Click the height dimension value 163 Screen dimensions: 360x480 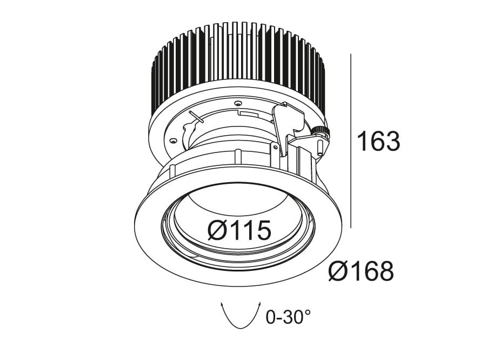(x=378, y=142)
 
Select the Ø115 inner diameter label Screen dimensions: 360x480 (x=239, y=231)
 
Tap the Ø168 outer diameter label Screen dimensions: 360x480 (x=361, y=271)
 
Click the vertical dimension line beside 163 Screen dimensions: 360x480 (x=352, y=141)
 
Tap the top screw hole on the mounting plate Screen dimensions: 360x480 (x=236, y=102)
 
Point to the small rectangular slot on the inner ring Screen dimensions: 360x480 (x=249, y=114)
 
